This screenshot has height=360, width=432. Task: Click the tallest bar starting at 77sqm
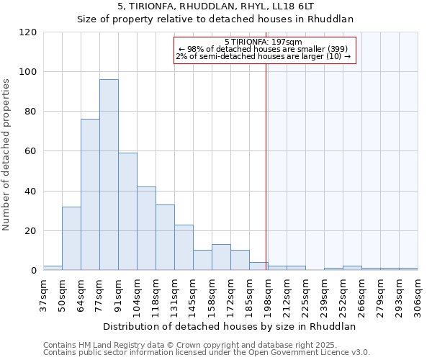point(109,175)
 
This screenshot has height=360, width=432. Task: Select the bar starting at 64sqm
point(90,194)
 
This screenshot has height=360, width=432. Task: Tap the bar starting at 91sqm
point(127,212)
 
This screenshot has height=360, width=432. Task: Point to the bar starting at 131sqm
point(184,248)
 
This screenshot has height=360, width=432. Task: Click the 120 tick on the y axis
point(28,32)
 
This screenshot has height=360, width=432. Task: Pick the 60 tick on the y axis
point(31,152)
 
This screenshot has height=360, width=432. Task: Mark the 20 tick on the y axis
point(31,231)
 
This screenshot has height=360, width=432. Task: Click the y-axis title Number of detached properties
point(8,154)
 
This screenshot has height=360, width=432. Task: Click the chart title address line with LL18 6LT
point(215,6)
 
